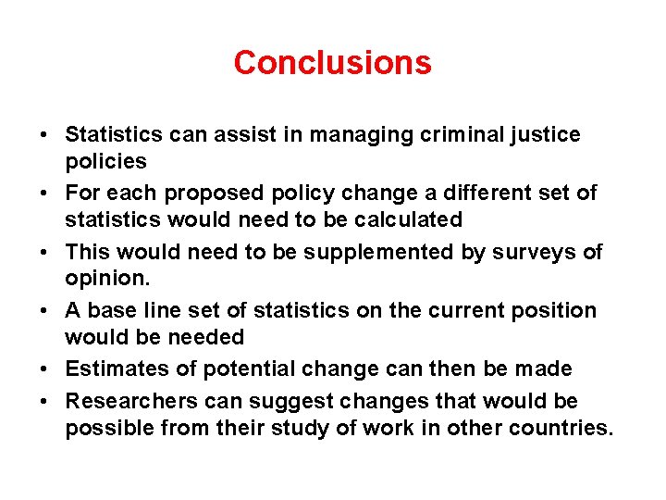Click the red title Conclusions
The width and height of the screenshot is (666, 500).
coord(332,63)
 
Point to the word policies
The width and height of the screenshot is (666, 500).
coord(105,162)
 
